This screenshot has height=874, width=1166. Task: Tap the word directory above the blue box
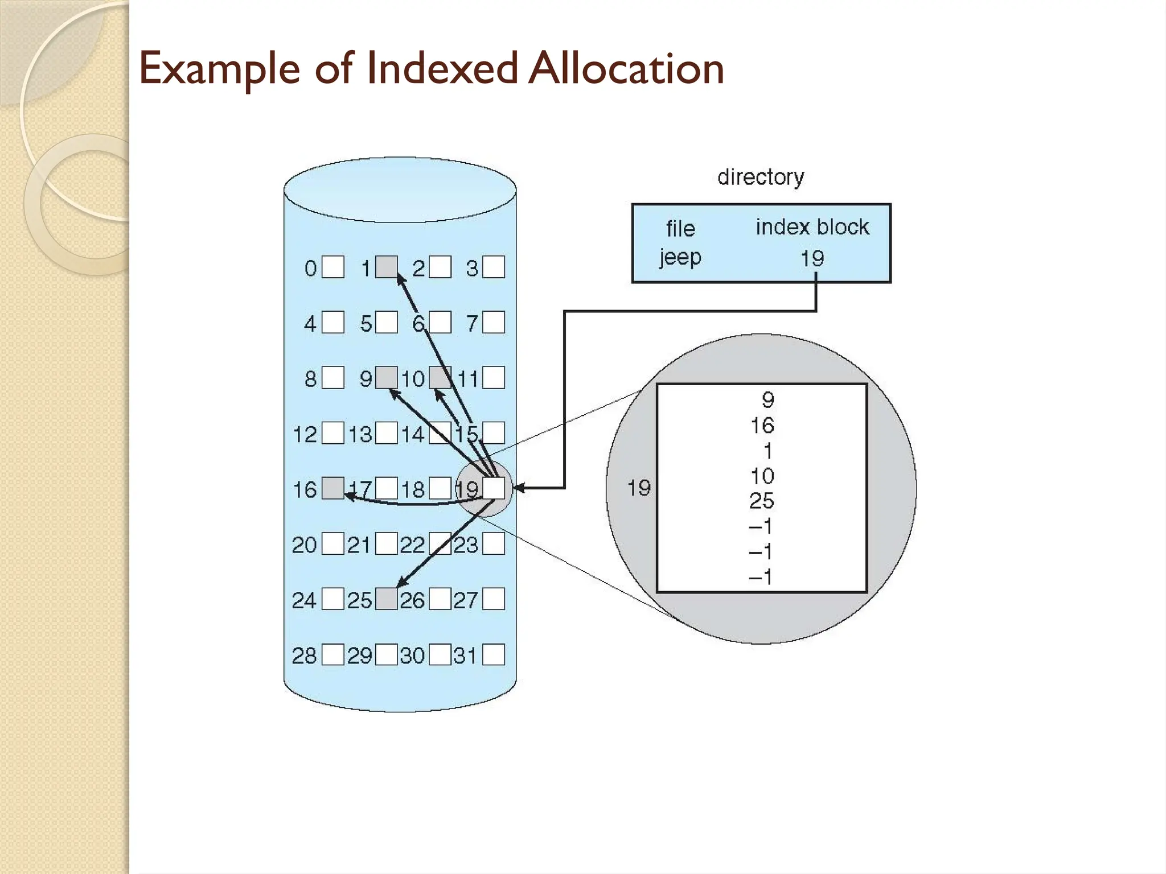[x=761, y=177]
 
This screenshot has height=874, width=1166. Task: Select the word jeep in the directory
[x=680, y=257]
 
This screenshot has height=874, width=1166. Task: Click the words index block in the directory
[x=812, y=227]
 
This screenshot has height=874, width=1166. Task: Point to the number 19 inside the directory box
[x=812, y=258]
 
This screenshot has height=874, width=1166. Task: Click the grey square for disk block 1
[x=387, y=267]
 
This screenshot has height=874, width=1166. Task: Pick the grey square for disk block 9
[x=387, y=377]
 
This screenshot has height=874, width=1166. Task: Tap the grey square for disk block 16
[x=333, y=488]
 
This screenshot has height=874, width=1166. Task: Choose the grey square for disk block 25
[x=387, y=599]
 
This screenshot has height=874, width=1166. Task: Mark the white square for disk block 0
[x=333, y=267]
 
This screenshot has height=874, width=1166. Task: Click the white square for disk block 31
[x=494, y=654]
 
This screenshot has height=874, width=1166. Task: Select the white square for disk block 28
[x=333, y=654]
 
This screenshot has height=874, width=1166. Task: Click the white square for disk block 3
[x=494, y=267]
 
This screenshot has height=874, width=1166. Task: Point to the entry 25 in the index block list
[x=762, y=501]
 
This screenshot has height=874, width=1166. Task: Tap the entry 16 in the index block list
[x=762, y=425]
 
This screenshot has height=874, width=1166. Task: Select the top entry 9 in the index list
[x=768, y=399]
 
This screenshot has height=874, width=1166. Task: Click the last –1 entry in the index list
[x=761, y=577]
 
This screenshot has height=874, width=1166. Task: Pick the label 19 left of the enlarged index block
[x=639, y=488]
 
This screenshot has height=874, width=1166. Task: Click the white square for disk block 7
[x=494, y=322]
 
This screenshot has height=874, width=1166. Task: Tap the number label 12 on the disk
[x=305, y=434]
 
